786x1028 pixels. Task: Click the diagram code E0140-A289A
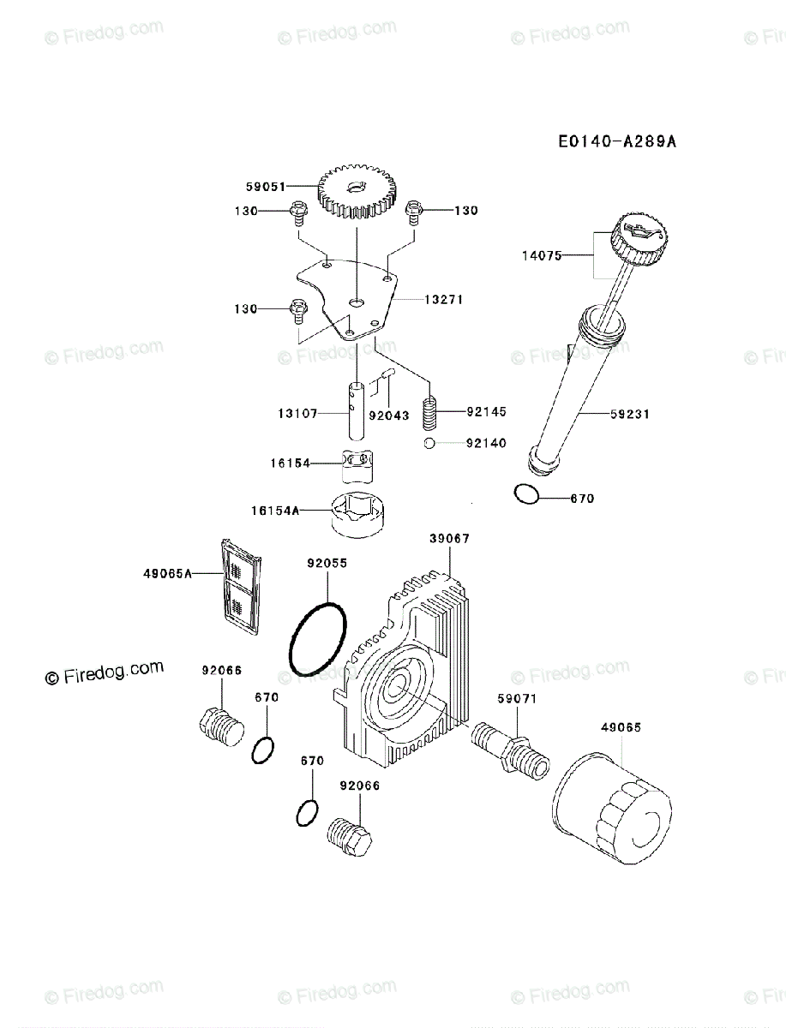click(x=617, y=140)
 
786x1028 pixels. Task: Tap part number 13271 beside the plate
click(x=443, y=300)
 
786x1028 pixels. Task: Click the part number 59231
click(x=630, y=414)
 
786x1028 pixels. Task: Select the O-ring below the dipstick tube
click(x=527, y=494)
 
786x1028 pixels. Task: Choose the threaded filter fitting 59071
click(x=509, y=749)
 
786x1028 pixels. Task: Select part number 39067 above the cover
click(x=449, y=539)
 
